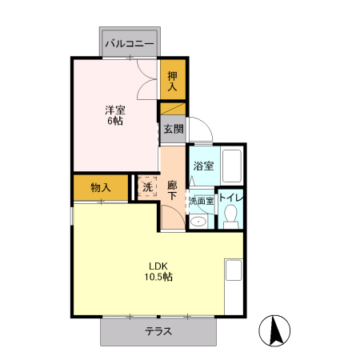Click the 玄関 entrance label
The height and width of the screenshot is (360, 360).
173,128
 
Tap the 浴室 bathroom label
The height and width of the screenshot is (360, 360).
203,166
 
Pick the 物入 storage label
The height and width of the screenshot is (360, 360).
100,187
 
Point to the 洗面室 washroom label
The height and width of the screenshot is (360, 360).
201,201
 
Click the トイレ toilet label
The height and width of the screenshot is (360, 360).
230,198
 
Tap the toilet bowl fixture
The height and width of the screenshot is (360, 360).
230,216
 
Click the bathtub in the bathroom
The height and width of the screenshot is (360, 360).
231,166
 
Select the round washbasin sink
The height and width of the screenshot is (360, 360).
197,220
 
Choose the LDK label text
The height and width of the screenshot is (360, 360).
158,266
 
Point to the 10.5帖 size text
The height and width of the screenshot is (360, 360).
158,278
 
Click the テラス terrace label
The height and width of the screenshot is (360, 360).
158,332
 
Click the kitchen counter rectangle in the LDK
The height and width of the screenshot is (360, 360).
233,270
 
